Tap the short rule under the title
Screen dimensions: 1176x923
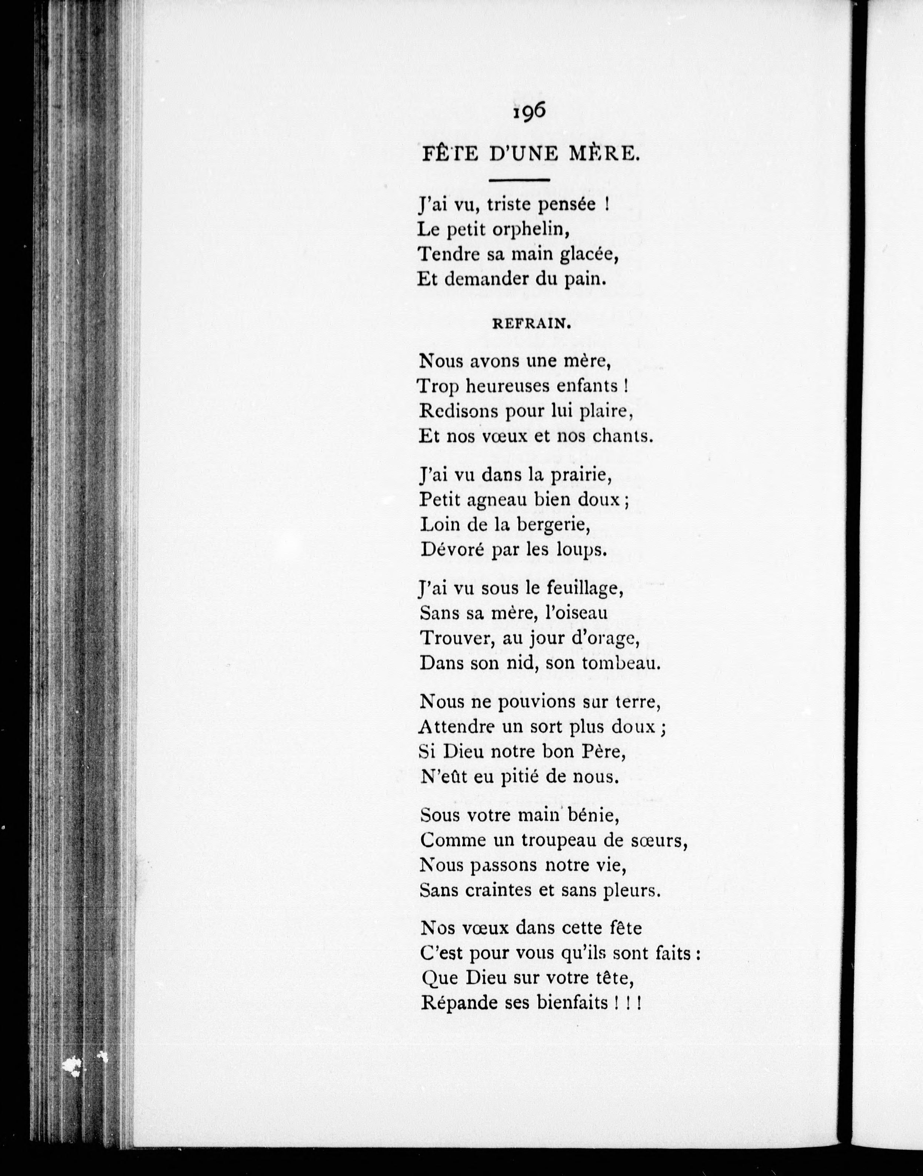click(519, 180)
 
